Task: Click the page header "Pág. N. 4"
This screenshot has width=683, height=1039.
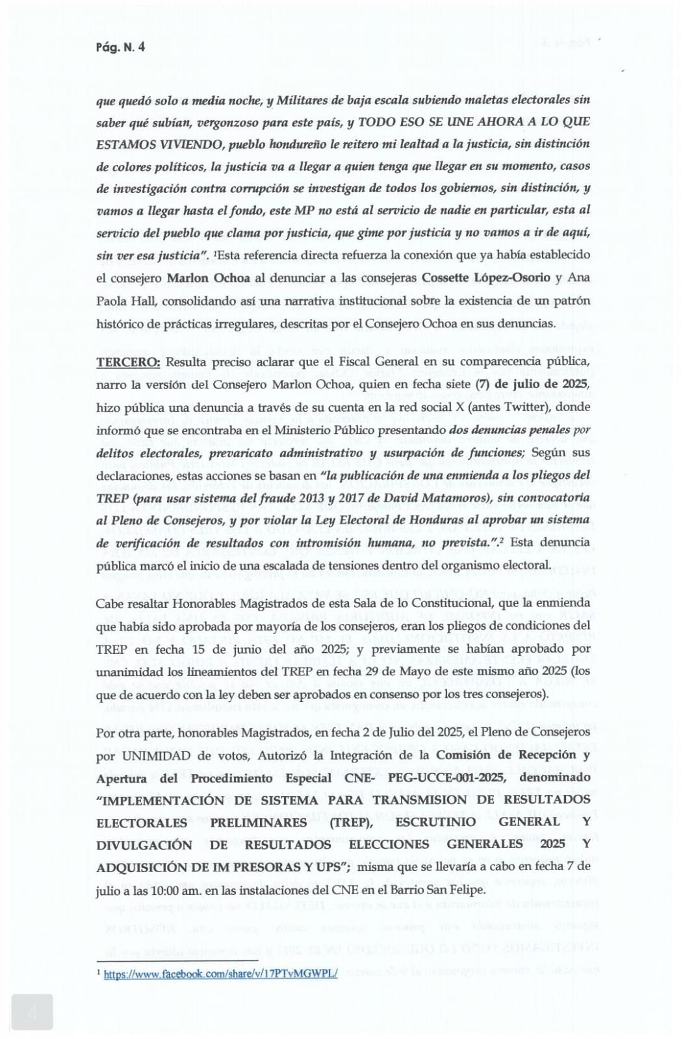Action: click(x=120, y=47)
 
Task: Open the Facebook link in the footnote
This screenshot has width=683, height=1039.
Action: click(x=220, y=974)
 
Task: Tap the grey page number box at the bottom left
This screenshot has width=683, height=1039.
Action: click(x=32, y=1012)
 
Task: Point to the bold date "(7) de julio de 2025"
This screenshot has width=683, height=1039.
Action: click(x=533, y=384)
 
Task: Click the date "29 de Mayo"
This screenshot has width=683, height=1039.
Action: click(x=384, y=671)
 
